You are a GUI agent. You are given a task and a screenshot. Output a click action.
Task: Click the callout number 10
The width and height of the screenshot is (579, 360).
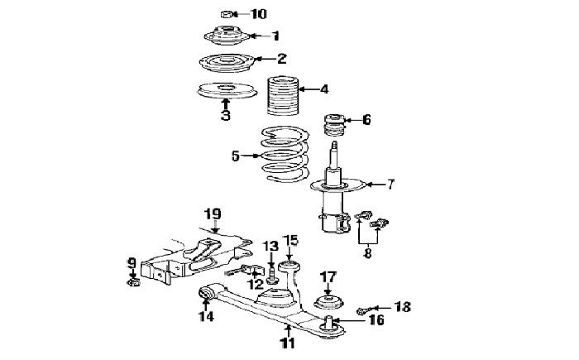click(x=258, y=14)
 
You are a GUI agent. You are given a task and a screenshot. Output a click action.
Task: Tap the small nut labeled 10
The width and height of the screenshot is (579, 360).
click(x=226, y=14)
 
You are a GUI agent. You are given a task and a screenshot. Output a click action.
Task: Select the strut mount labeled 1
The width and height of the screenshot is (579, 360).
click(x=227, y=36)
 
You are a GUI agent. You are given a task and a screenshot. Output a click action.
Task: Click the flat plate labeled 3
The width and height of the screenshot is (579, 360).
click(x=227, y=90)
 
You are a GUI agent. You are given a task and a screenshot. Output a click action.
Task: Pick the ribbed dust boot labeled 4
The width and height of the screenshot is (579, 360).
click(x=283, y=95)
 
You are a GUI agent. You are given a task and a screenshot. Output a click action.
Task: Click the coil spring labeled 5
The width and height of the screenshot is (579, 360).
click(x=285, y=155)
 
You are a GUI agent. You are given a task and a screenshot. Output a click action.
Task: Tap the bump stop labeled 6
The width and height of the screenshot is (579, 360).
click(x=334, y=125)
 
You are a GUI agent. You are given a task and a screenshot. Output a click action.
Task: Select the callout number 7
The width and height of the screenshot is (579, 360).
click(x=390, y=184)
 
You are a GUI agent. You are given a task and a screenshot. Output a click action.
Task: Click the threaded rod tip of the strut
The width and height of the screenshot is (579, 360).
click(x=334, y=145)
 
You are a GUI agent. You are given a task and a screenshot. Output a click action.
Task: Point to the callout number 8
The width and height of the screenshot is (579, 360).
click(x=368, y=253)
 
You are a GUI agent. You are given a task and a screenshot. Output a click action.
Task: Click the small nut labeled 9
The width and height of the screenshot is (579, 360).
click(x=134, y=283)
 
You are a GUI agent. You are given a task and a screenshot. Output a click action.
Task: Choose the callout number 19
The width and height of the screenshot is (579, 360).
click(x=213, y=214)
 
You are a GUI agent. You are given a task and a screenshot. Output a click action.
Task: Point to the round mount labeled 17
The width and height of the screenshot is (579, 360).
click(x=328, y=301)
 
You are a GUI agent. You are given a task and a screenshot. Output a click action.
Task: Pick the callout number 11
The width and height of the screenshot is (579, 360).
click(x=288, y=343)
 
